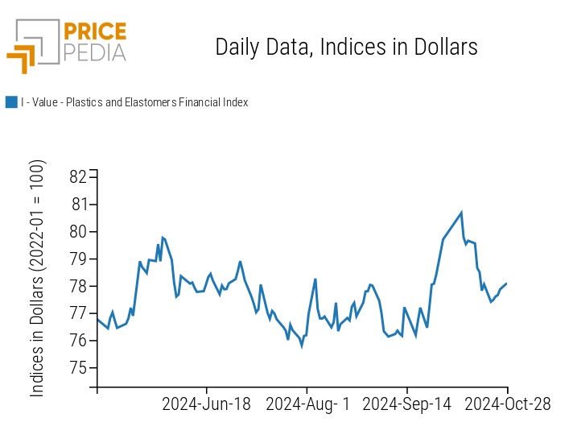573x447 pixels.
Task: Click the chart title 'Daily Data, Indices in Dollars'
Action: pos(346,47)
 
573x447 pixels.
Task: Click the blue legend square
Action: pos(11,102)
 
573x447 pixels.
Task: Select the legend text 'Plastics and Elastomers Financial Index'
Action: pos(134,102)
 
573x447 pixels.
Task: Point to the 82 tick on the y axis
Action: pos(79,177)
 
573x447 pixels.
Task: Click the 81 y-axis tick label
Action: pos(79,205)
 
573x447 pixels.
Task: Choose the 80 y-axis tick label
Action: pos(79,232)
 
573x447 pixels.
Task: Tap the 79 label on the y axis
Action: pos(79,259)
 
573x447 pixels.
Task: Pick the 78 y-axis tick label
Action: pos(79,287)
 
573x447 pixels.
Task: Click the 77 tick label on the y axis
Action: pos(79,314)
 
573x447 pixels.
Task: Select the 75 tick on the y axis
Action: pos(79,368)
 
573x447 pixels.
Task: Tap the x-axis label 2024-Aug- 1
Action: pos(307,404)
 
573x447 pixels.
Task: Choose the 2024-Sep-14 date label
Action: pos(407,404)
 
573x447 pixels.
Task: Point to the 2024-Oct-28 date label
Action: pos(508,404)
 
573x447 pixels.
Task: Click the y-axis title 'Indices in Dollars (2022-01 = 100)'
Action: pos(38,278)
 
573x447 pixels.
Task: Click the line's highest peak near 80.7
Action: pos(461,213)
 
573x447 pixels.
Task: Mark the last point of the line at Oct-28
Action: pos(506,284)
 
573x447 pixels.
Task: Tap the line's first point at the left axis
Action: pos(97,319)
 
